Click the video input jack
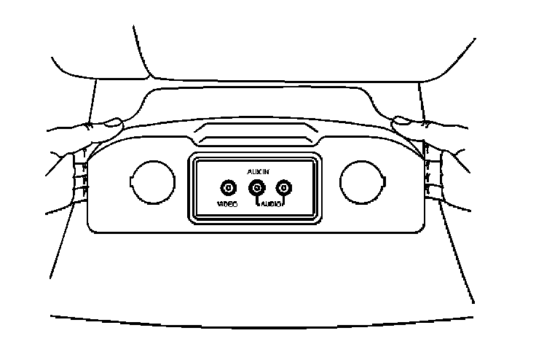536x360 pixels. point(228,188)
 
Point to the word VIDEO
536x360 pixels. point(227,205)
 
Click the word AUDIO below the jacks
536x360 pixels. point(271,205)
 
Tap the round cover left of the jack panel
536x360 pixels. point(151,180)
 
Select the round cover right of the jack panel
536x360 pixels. point(361,180)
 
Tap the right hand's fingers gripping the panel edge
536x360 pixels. point(434,171)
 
